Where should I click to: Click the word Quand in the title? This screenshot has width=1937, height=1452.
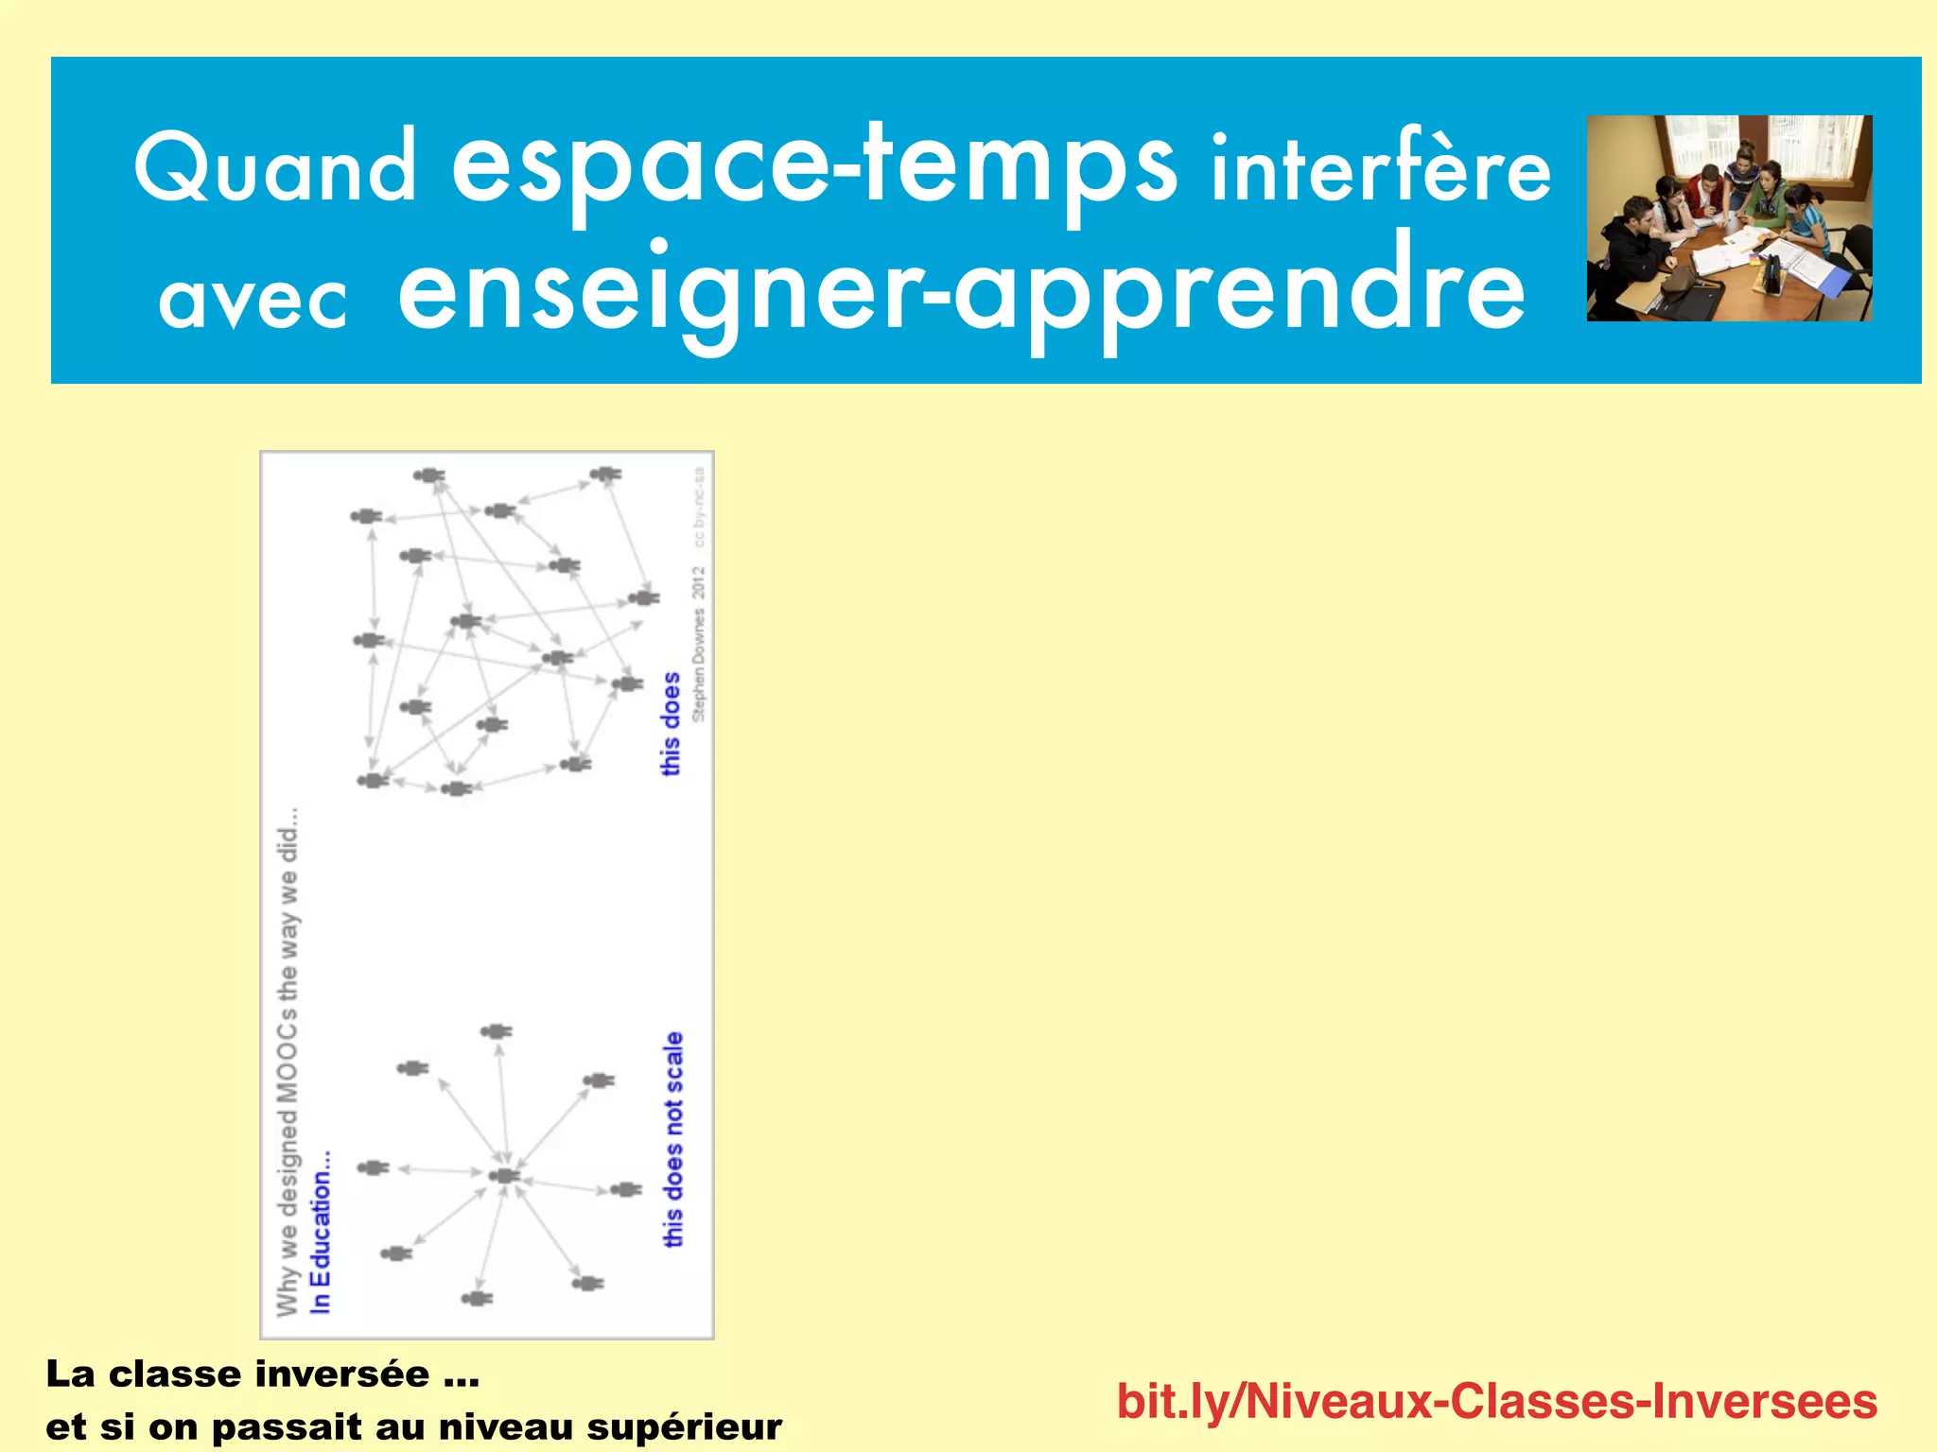275,168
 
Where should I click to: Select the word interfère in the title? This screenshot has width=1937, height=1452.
1382,170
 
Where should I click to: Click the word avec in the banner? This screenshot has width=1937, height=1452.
253,301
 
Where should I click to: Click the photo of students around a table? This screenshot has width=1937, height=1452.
1729,218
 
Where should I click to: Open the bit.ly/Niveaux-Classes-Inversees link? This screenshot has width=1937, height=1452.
1496,1401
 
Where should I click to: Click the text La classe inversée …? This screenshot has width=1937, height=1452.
263,1374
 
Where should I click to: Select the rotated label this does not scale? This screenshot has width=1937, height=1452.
672,1139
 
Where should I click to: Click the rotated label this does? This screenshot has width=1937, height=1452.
671,724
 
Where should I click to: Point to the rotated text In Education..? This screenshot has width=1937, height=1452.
322,1231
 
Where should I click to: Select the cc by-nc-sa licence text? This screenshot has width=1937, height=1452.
699,506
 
